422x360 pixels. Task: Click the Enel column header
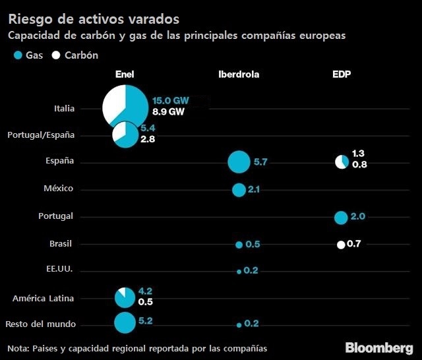click(125, 75)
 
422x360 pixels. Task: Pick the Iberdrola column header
click(239, 75)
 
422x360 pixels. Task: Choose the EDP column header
click(342, 75)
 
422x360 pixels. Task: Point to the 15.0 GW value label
click(170, 100)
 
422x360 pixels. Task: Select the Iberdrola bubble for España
click(239, 162)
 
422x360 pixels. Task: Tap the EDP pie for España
click(342, 162)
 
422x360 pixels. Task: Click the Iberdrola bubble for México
click(239, 190)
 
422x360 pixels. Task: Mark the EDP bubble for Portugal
click(341, 218)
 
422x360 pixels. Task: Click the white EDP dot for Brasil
click(341, 245)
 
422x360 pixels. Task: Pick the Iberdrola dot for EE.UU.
click(239, 271)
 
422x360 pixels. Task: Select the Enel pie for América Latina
click(124, 297)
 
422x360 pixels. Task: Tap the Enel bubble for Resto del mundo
click(124, 323)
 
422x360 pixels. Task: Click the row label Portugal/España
click(41, 135)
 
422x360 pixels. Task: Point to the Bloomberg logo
click(379, 347)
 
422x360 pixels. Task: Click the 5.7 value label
click(260, 162)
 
